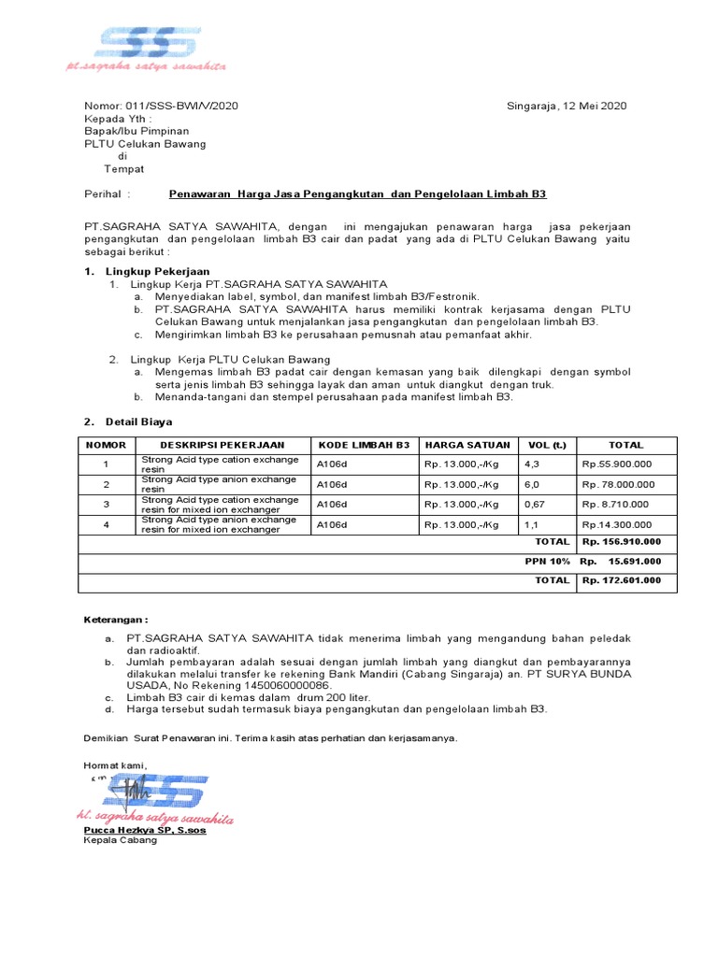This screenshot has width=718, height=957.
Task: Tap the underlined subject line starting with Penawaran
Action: [x=357, y=194]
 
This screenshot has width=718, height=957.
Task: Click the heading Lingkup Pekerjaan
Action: [x=150, y=271]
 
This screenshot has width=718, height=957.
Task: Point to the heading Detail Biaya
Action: [x=138, y=421]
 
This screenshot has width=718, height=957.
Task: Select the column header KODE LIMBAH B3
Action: [x=364, y=446]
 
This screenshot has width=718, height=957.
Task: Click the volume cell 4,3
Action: [x=533, y=464]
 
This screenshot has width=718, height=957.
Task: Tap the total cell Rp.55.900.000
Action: [x=617, y=464]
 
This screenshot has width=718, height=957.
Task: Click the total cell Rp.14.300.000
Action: [x=617, y=525]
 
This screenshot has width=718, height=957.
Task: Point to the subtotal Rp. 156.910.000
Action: [x=621, y=542]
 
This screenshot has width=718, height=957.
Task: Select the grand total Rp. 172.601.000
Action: [x=621, y=580]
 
